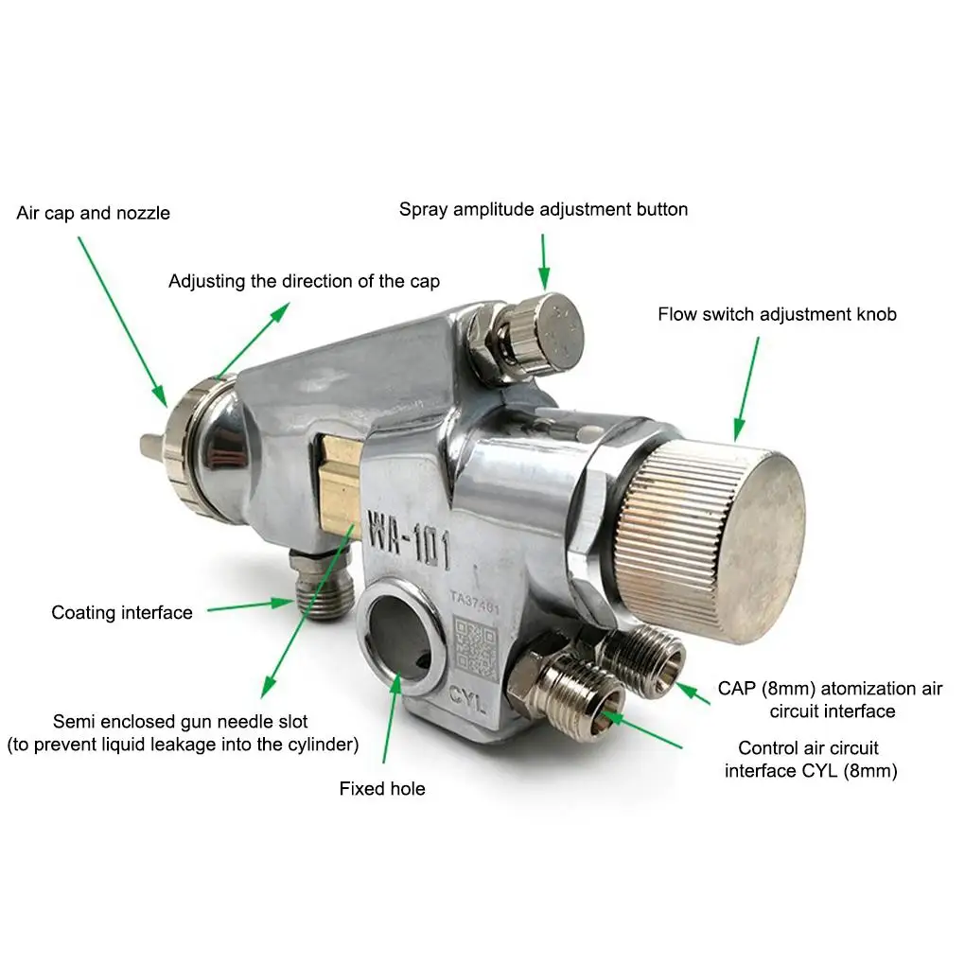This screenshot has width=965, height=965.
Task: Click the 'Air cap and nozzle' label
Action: click(x=93, y=213)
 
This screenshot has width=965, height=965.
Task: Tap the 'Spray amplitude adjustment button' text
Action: click(x=543, y=209)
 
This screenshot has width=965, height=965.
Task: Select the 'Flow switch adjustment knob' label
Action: click(x=777, y=314)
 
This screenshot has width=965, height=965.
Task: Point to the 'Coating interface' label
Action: click(x=122, y=612)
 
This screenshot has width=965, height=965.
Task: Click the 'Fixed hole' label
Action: click(x=382, y=788)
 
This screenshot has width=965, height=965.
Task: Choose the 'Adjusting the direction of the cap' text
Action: click(x=304, y=281)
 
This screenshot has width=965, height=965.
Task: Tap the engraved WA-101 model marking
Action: click(x=410, y=538)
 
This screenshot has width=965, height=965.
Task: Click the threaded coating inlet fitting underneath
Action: click(x=322, y=584)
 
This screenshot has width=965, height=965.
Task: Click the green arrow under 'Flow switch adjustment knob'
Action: click(x=747, y=389)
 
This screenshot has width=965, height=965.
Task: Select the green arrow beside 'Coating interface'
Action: click(x=251, y=605)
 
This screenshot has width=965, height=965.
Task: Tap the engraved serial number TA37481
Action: click(x=475, y=602)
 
